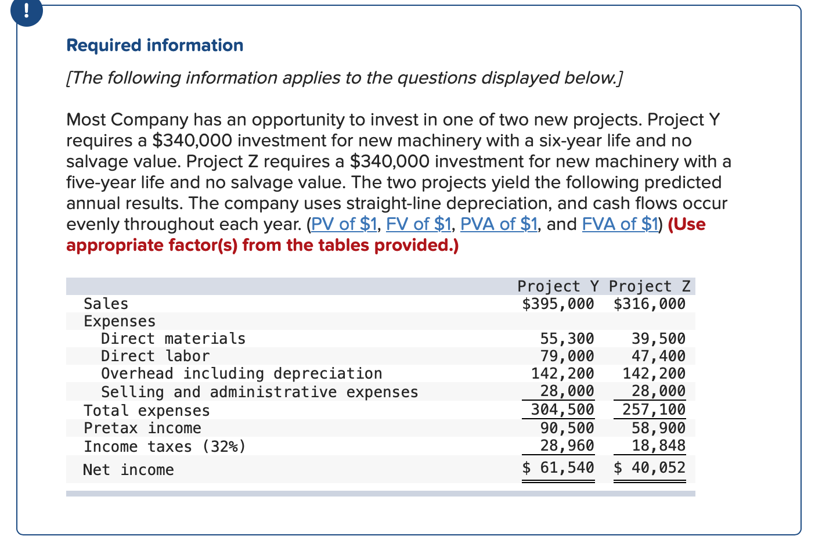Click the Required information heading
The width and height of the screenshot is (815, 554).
155,45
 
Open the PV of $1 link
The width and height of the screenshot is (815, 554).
344,224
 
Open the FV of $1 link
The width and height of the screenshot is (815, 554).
419,224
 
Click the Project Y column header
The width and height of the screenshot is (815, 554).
558,286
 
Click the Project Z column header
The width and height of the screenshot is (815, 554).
650,286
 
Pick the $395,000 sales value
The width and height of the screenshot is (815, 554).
558,304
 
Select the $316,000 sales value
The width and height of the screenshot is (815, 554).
650,304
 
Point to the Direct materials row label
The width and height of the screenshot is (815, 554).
173,339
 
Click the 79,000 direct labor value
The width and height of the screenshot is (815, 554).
567,356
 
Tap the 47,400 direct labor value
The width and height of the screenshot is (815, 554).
658,356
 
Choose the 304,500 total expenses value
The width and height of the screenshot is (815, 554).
562,410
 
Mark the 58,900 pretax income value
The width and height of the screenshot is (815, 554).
658,428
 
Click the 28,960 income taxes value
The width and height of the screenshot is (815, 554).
567,445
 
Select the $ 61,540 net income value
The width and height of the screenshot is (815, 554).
558,467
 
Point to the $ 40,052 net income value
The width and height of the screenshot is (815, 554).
650,467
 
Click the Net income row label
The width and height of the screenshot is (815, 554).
128,470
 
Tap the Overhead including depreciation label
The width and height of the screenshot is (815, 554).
241,373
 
